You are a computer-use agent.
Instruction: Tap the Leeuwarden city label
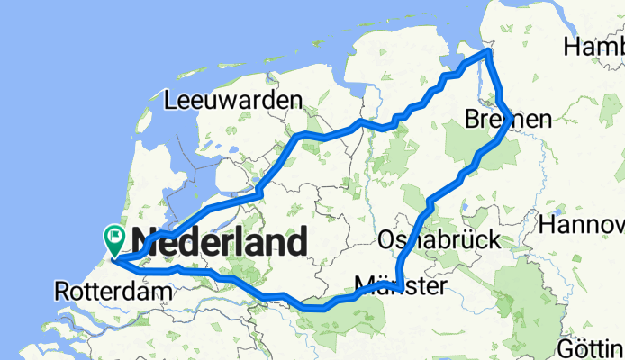[x=232, y=101]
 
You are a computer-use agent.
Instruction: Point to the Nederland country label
[x=221, y=243]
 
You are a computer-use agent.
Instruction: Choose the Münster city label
[x=402, y=286]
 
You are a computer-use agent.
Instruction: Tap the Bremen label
[x=509, y=118]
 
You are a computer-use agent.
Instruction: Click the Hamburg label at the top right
[x=595, y=46]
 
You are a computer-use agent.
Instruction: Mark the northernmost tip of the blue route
[x=489, y=51]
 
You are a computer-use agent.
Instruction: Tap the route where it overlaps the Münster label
[x=389, y=286]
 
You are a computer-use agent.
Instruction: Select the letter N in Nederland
[x=148, y=243]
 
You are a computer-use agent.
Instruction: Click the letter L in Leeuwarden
[x=169, y=101]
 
